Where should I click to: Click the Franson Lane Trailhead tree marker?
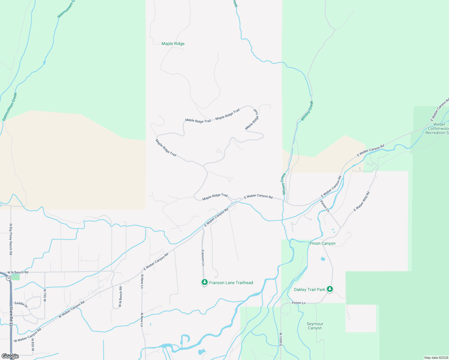click(204, 282)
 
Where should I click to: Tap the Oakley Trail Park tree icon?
click(330, 289)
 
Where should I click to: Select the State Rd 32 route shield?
click(8, 278)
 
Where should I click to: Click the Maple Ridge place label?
click(173, 43)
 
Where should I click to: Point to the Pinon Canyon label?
click(322, 243)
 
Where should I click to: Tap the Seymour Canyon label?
click(315, 326)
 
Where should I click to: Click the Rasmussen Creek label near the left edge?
click(10, 107)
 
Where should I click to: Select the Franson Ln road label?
click(203, 258)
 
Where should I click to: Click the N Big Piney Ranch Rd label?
click(11, 239)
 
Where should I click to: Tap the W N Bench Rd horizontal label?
click(18, 272)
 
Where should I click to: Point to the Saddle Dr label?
click(21, 305)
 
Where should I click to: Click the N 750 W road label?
click(45, 295)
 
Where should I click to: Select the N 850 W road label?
click(33, 345)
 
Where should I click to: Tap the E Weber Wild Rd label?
click(362, 201)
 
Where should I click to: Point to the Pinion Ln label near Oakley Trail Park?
click(298, 303)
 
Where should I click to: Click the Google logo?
click(10, 356)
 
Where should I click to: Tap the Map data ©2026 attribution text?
click(436, 358)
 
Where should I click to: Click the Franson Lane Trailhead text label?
click(231, 283)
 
